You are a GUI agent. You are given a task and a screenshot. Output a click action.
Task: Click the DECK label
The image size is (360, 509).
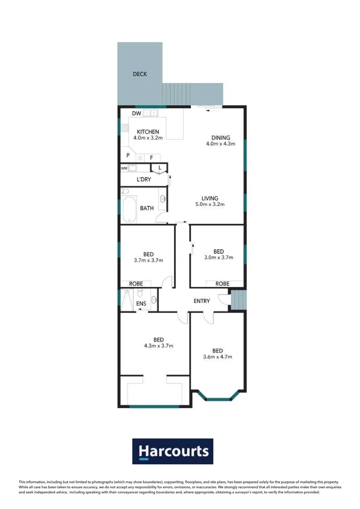140,74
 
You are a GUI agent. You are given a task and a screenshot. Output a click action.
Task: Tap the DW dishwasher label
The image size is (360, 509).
137,114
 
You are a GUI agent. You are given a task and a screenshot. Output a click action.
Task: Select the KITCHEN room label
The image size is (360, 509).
147,131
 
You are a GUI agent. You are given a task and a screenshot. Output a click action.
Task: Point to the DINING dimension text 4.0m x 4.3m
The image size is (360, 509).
220,144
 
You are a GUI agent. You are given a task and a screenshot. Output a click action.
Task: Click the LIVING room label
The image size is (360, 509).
210,198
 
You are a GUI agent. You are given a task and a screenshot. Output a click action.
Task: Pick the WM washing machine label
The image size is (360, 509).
124,168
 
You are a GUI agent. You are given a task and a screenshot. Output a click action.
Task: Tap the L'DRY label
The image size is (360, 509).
143,180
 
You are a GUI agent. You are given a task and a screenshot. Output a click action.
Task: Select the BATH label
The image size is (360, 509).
147,208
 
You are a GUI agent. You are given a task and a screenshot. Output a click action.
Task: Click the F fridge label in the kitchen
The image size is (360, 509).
151,158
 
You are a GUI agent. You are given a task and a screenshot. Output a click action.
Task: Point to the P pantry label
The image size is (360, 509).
128,155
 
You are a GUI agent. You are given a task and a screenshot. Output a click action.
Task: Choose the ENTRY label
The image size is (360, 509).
202,301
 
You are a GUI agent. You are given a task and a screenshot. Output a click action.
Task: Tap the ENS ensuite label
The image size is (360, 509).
141,304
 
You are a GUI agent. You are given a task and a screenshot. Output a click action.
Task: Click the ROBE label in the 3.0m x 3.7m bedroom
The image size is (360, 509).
222,284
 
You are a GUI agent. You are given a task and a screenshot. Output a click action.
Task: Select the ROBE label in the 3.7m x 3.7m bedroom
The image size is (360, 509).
136,284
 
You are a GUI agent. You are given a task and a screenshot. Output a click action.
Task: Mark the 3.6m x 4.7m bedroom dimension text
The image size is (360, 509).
217,357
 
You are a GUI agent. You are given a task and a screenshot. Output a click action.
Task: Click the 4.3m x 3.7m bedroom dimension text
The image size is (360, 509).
158,346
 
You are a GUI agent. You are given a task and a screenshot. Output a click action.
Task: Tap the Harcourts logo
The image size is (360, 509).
173,452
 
